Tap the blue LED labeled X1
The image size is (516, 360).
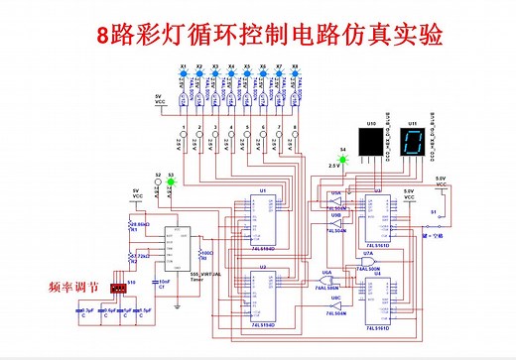click(183, 74)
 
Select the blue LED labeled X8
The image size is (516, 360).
click(294, 74)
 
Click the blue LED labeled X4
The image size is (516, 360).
click(231, 74)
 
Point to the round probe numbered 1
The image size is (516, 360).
click(184, 137)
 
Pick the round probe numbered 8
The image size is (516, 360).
click(294, 137)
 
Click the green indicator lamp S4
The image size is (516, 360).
click(343, 157)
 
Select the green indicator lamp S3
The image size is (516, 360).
click(171, 182)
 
